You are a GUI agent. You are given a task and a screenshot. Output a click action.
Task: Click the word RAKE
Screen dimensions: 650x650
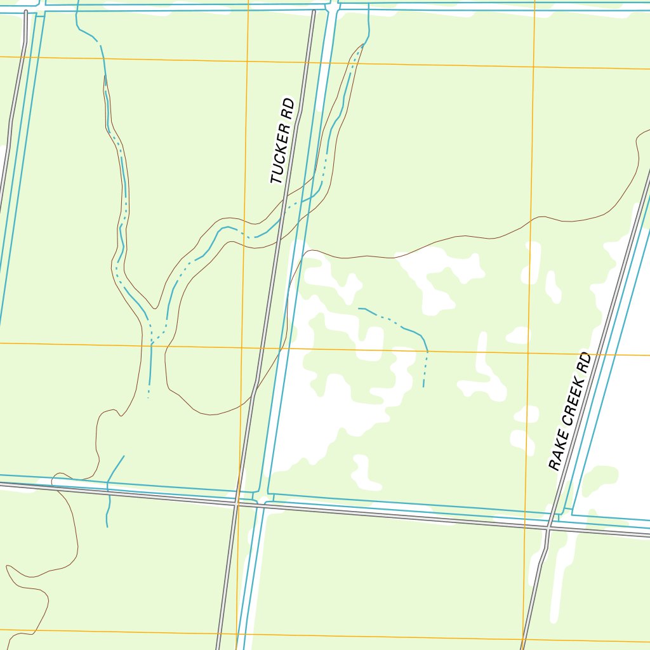click(557, 453)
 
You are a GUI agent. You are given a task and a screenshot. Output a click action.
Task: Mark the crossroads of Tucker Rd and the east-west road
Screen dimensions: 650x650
click(236, 502)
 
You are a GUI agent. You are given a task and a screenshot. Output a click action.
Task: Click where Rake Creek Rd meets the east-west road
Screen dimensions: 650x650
click(548, 526)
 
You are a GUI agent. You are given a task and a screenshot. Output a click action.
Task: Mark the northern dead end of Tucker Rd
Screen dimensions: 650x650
click(314, 11)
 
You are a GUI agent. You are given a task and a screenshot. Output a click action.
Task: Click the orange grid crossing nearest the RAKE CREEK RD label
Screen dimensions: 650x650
click(528, 352)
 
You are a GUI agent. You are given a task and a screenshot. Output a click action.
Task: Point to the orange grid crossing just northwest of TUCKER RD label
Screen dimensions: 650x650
click(248, 61)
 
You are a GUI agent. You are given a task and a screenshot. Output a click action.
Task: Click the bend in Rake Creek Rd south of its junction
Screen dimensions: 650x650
click(540, 563)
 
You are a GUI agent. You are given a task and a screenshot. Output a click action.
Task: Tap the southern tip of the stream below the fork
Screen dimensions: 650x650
click(149, 397)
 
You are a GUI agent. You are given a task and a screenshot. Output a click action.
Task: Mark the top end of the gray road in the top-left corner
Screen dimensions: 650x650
click(25, 11)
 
